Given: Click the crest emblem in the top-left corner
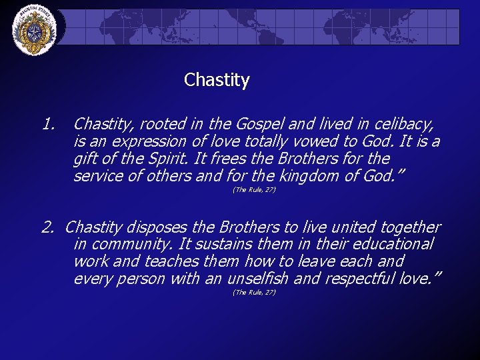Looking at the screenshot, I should (35, 31).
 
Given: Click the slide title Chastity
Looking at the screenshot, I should (217, 81).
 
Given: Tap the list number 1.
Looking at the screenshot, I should (47, 124).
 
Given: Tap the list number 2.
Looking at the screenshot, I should (47, 228).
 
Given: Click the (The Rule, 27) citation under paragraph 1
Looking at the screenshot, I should (254, 191).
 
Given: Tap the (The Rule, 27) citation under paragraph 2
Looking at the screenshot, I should (254, 293).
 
